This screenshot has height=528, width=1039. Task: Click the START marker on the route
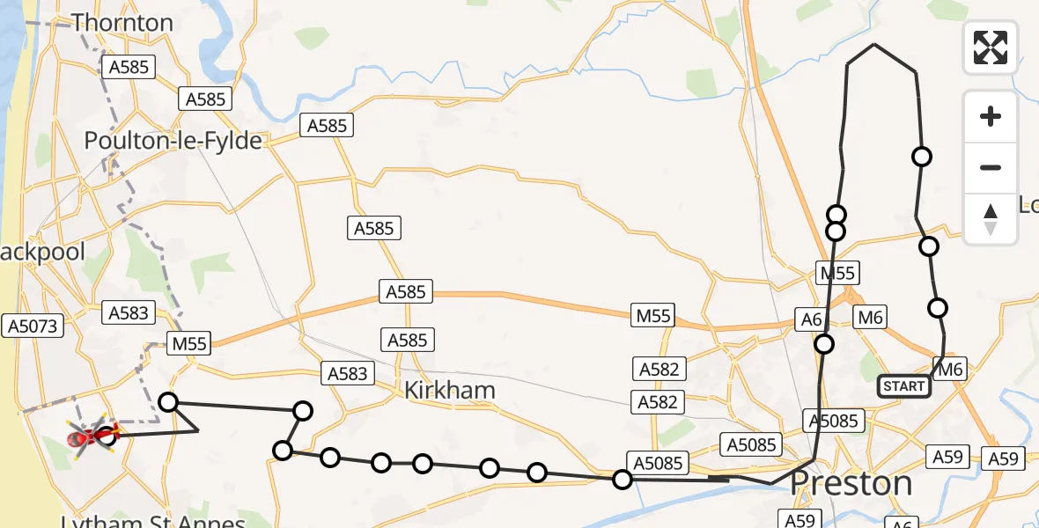click(903, 385)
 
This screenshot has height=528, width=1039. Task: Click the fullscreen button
click(991, 47)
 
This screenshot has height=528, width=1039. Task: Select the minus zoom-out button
click(991, 167)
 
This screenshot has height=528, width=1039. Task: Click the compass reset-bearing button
click(991, 219)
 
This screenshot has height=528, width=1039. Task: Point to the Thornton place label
click(122, 22)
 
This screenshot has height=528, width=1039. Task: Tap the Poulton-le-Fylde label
click(173, 141)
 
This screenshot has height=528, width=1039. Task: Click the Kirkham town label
click(450, 390)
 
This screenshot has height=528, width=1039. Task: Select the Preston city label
click(851, 483)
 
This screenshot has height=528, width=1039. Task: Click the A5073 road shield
click(33, 326)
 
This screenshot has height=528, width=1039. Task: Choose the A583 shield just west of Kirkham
click(347, 373)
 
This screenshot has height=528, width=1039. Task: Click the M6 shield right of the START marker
click(950, 370)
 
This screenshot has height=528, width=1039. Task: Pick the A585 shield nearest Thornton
click(129, 67)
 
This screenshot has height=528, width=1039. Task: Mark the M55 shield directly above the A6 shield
click(837, 273)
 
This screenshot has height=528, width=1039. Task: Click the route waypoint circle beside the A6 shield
click(824, 344)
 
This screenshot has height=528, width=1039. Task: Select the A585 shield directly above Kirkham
click(407, 340)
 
